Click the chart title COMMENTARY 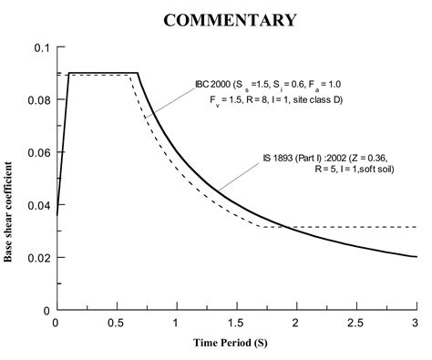point(230,19)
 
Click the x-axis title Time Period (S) point(236,345)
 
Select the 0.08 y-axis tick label point(38,99)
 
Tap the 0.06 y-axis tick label point(38,152)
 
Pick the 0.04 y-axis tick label point(38,205)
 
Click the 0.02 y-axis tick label point(38,258)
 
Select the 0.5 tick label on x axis point(116,323)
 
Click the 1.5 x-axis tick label point(235,323)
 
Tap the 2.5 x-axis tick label point(355,323)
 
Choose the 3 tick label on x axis point(416,323)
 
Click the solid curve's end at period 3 point(416,256)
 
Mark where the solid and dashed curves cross point(283,227)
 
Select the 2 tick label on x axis point(296,323)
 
